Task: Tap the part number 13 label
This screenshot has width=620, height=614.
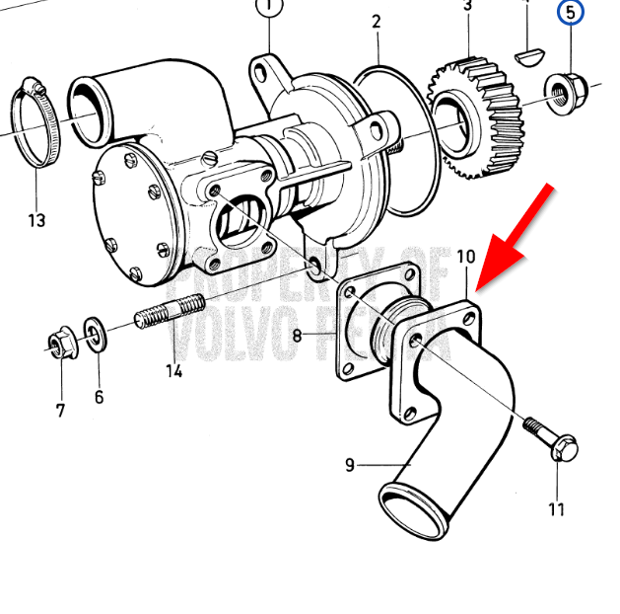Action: point(36,220)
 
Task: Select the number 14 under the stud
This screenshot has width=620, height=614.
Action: point(173,371)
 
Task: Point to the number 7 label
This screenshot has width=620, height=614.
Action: point(60,410)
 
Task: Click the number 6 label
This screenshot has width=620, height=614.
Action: point(99,397)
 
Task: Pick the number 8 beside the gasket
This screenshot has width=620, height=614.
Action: point(297,336)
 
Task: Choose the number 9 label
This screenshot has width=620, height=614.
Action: point(350,464)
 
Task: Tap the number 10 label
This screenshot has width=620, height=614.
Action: point(466,257)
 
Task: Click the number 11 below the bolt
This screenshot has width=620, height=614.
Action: point(557,509)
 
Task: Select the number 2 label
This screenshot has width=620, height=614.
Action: point(377,21)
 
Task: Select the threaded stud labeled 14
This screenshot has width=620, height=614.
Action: point(169,313)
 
